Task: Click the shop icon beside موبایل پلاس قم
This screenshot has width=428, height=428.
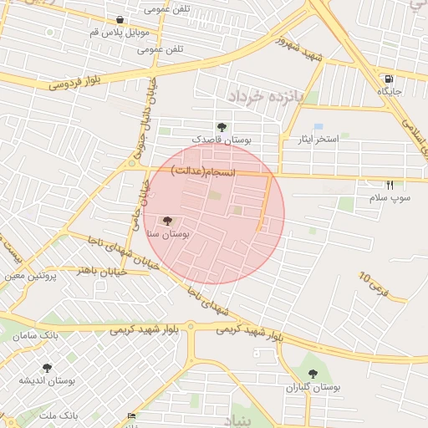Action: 120,20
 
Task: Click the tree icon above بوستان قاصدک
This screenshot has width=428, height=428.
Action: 221,127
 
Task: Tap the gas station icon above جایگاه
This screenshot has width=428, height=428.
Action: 389,77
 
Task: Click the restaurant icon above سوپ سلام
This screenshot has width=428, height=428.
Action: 390,185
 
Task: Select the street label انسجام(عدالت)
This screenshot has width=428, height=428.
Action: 205,171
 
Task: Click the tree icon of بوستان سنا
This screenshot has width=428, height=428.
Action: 167,222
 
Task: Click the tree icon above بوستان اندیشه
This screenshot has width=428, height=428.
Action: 47,367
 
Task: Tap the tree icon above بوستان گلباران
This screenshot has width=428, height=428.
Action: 313,374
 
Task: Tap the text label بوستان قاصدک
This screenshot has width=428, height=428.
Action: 222,140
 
